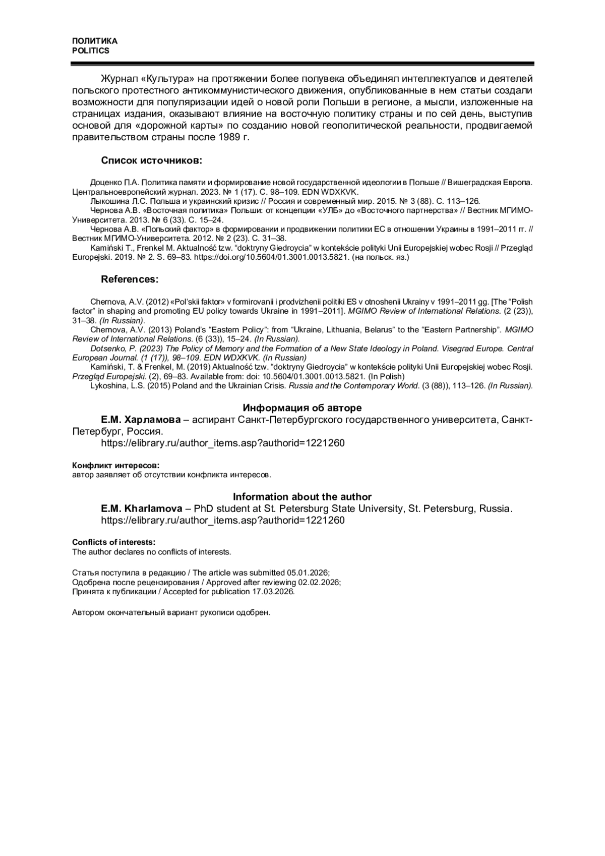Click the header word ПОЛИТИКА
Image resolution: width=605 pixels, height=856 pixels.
pyautogui.click(x=94, y=41)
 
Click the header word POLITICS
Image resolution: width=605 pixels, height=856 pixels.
pyautogui.click(x=90, y=51)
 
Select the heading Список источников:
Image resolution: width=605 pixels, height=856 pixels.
pyautogui.click(x=151, y=161)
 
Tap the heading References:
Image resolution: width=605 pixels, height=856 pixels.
pyautogui.click(x=130, y=279)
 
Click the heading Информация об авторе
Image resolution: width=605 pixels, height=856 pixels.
pyautogui.click(x=302, y=408)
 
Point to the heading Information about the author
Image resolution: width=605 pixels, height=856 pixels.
pyautogui.click(x=302, y=497)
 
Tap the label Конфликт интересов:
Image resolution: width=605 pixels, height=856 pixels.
pyautogui.click(x=115, y=465)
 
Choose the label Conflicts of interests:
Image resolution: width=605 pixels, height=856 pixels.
pyautogui.click(x=113, y=542)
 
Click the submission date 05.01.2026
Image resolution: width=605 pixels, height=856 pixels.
pyautogui.click(x=308, y=573)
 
